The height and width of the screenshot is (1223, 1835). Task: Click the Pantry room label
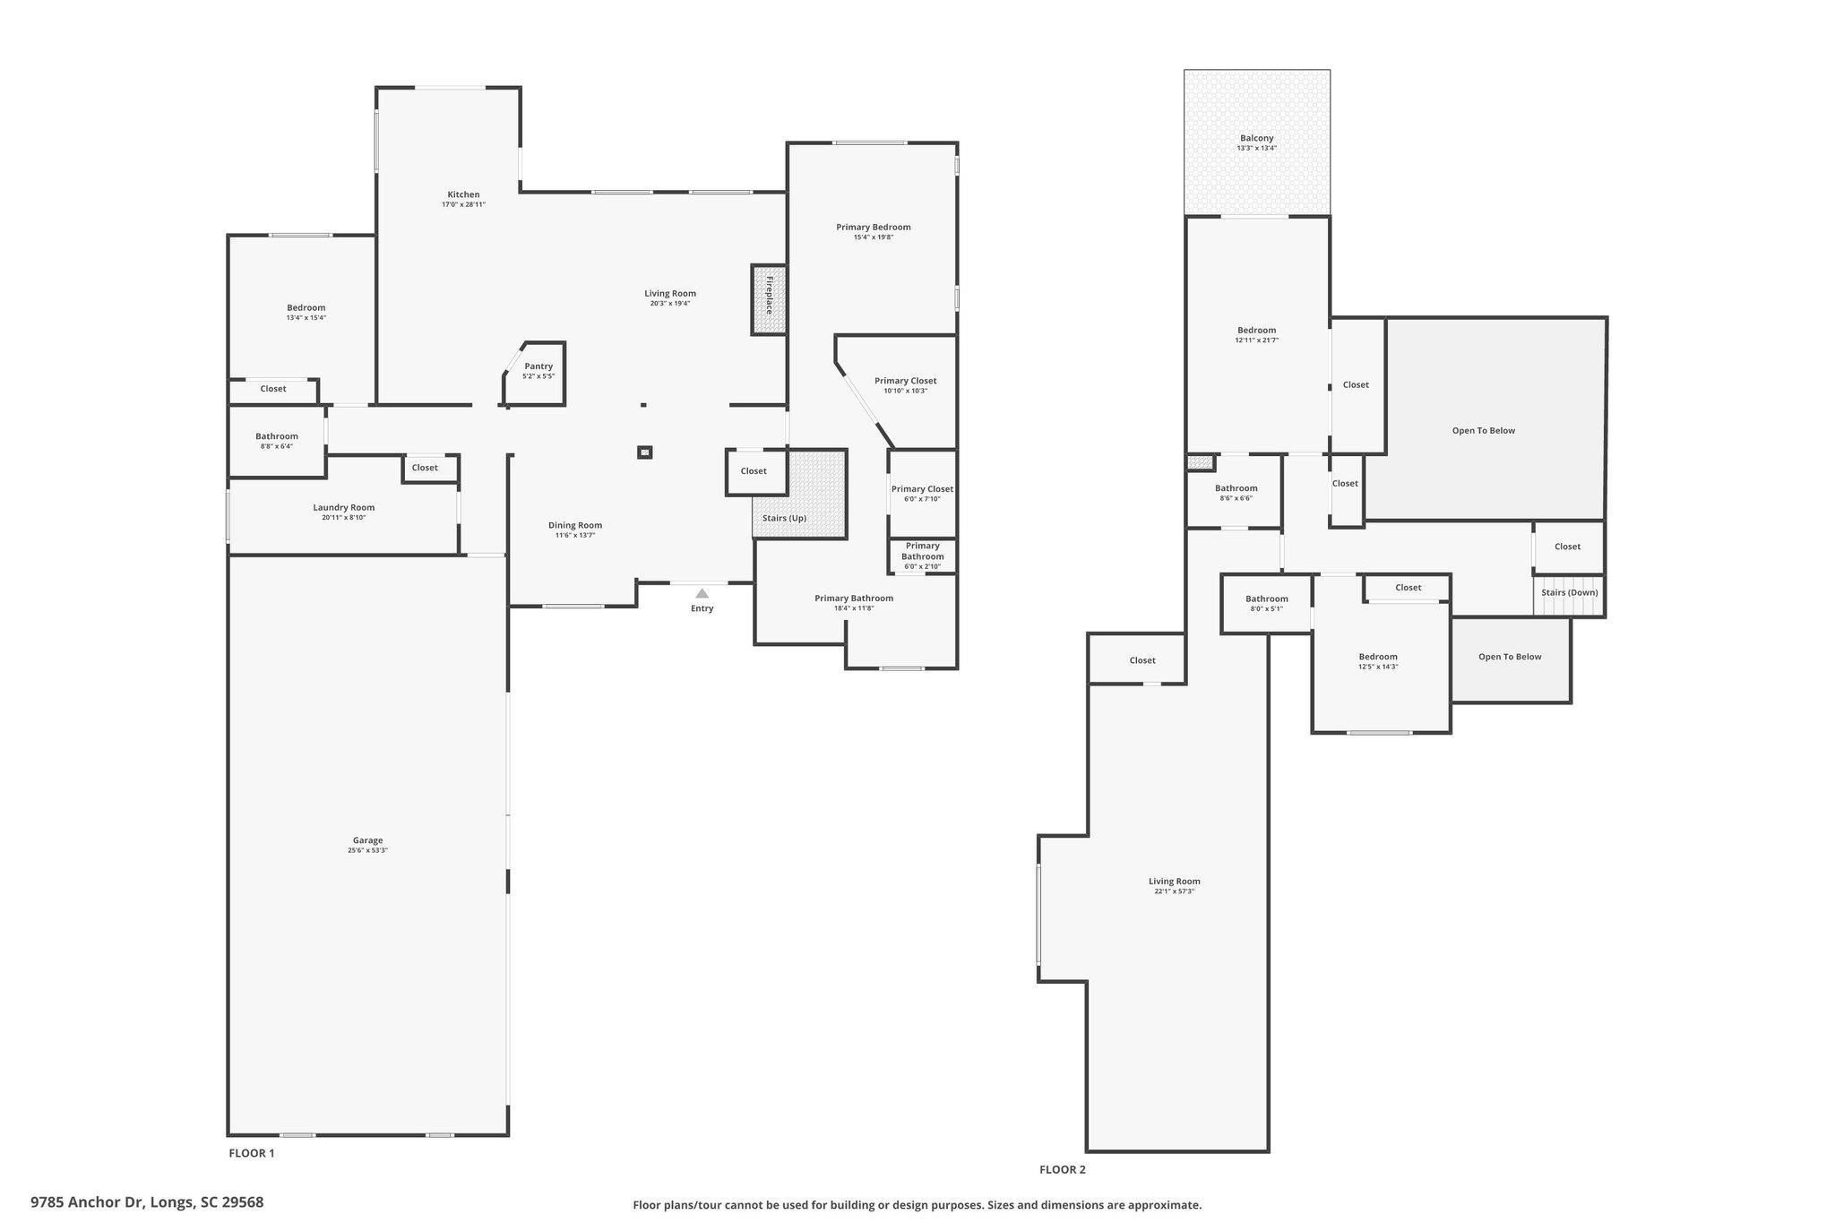(538, 366)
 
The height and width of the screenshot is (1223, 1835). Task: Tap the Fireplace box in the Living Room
(769, 300)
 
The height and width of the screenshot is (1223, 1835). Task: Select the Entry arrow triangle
(702, 593)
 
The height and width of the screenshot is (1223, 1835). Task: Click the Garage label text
(367, 840)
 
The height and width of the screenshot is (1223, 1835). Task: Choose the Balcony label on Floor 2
(1256, 138)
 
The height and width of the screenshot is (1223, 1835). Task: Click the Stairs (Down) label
(1569, 592)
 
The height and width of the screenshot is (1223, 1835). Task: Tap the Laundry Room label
(343, 507)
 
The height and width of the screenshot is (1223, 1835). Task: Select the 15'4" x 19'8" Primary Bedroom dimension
(873, 237)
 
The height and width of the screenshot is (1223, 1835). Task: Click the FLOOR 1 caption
(252, 1153)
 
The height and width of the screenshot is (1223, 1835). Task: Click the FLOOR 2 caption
(1062, 1169)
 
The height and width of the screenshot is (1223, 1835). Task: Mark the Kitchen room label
(463, 194)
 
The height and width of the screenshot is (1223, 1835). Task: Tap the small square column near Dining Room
(644, 452)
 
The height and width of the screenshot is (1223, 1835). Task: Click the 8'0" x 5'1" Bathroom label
(1266, 608)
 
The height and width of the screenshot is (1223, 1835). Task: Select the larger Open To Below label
(1483, 430)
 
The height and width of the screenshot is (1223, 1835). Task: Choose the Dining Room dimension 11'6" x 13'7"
(575, 536)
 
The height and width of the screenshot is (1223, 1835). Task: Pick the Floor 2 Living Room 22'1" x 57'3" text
(1174, 891)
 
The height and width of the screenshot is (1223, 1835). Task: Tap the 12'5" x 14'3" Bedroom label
(1377, 667)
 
